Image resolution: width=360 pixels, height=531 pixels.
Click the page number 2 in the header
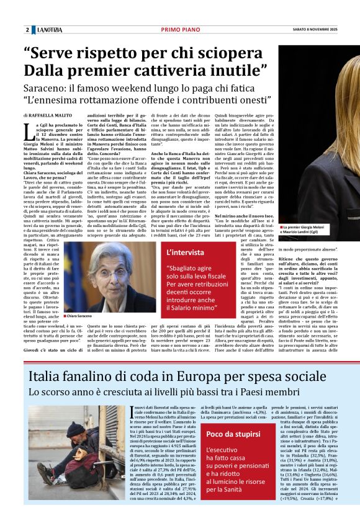(x=27, y=30)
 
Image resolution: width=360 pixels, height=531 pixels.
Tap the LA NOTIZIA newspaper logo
(x=50, y=30)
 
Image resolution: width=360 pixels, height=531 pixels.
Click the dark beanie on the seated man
(x=76, y=413)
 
